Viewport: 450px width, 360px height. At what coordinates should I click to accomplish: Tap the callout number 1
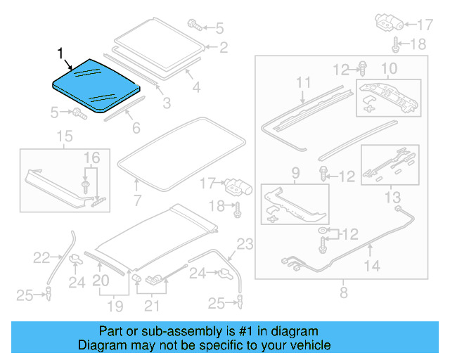tap(60, 53)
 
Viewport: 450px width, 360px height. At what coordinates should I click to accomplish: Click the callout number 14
tap(372, 265)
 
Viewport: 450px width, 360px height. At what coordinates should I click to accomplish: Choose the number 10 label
tap(389, 68)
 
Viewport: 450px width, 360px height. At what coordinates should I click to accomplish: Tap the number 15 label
tap(64, 136)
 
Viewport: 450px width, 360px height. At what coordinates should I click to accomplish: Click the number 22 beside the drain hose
tap(41, 257)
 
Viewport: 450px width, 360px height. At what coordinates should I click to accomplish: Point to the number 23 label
tap(243, 245)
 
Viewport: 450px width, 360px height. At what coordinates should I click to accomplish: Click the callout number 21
tap(152, 306)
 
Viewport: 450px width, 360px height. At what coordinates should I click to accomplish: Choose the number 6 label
tap(136, 128)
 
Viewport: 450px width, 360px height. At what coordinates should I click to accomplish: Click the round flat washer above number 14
tap(323, 232)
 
